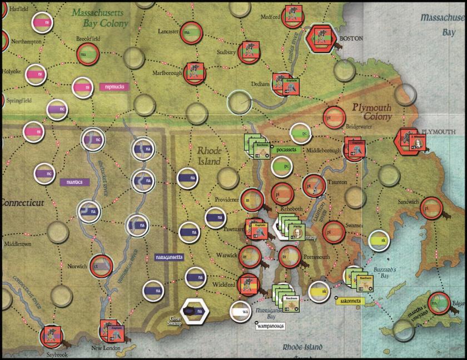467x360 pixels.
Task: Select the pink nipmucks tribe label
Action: (115, 87)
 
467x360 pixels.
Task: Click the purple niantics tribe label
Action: (74, 181)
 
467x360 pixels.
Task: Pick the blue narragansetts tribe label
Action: (171, 257)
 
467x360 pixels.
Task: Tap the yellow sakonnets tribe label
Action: (350, 301)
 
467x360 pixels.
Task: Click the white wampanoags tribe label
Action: (270, 325)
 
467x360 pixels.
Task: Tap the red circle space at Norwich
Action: (100, 265)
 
